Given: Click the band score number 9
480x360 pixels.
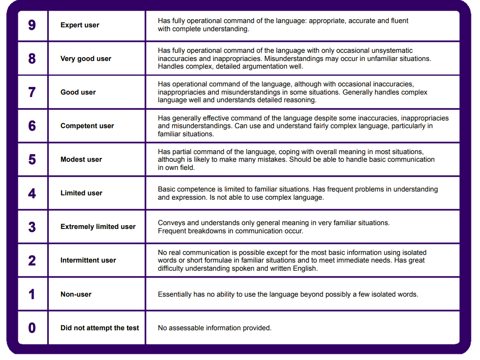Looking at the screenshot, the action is pyautogui.click(x=32, y=25).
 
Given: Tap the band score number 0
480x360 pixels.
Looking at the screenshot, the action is pyautogui.click(x=32, y=328).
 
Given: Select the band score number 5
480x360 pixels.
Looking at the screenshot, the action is pyautogui.click(x=32, y=159).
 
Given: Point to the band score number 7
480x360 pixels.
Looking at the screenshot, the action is pyautogui.click(x=32, y=92).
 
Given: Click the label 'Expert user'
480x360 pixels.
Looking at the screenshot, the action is pyautogui.click(x=80, y=25).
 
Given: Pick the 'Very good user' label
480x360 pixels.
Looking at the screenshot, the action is pyautogui.click(x=85, y=59).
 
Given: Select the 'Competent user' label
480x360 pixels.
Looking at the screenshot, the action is pyautogui.click(x=87, y=126).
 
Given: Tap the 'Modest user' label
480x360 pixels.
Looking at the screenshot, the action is pyautogui.click(x=81, y=159).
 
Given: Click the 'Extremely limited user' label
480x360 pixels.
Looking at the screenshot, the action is pyautogui.click(x=98, y=227).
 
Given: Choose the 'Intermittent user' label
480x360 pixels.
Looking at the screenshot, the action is pyautogui.click(x=88, y=260).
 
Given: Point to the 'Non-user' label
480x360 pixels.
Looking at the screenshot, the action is pyautogui.click(x=76, y=294).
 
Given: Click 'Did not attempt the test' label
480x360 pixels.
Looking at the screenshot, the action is pyautogui.click(x=99, y=328).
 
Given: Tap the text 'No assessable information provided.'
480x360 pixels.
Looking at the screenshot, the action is pyautogui.click(x=215, y=328).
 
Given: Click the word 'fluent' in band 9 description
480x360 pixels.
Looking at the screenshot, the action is pyautogui.click(x=398, y=21).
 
